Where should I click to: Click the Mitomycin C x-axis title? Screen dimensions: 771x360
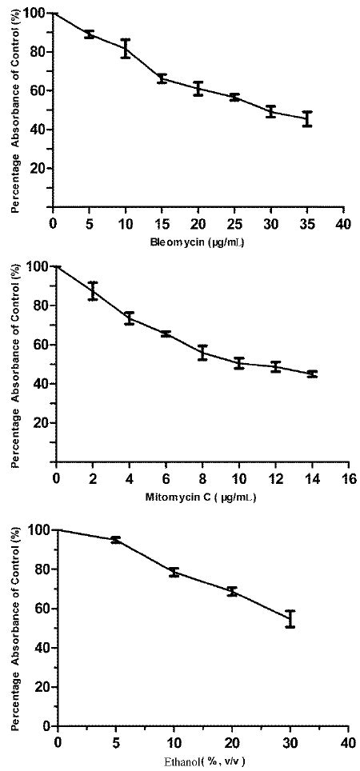click(201, 497)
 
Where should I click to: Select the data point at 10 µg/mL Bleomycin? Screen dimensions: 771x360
click(126, 48)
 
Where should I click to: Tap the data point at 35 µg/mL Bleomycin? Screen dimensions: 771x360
click(307, 118)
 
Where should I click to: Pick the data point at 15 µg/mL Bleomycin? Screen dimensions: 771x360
click(162, 78)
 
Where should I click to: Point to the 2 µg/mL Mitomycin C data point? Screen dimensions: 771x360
click(93, 291)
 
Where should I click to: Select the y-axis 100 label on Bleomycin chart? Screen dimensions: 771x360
click(34, 14)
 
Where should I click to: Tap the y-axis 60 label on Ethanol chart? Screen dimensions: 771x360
click(38, 609)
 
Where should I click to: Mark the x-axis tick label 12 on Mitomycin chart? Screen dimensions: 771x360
click(275, 479)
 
